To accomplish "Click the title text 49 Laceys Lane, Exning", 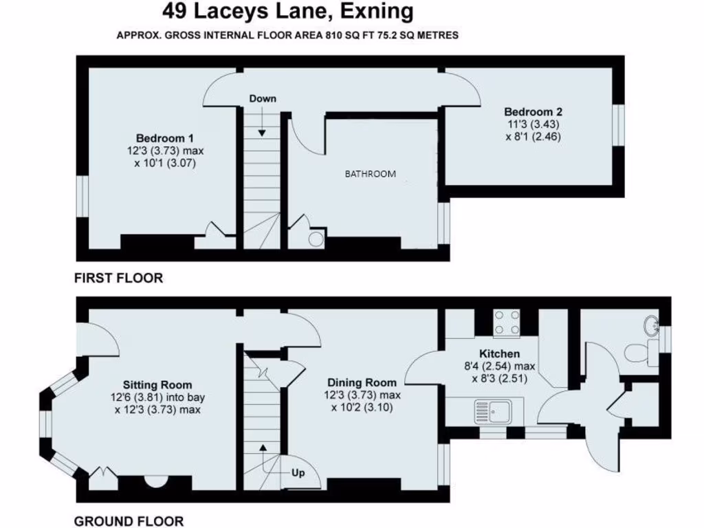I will pos(288,12).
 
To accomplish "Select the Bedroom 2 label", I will pos(533,112).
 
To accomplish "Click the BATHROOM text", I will pos(370,174).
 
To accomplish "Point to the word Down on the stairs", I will pos(263,99).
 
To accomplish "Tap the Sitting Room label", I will pos(157,384).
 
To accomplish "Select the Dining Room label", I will pos(362,382).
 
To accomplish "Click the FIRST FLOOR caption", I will pos(118,278).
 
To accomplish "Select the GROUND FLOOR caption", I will pos(129,521).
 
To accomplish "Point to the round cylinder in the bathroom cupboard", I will pos(316,239).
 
